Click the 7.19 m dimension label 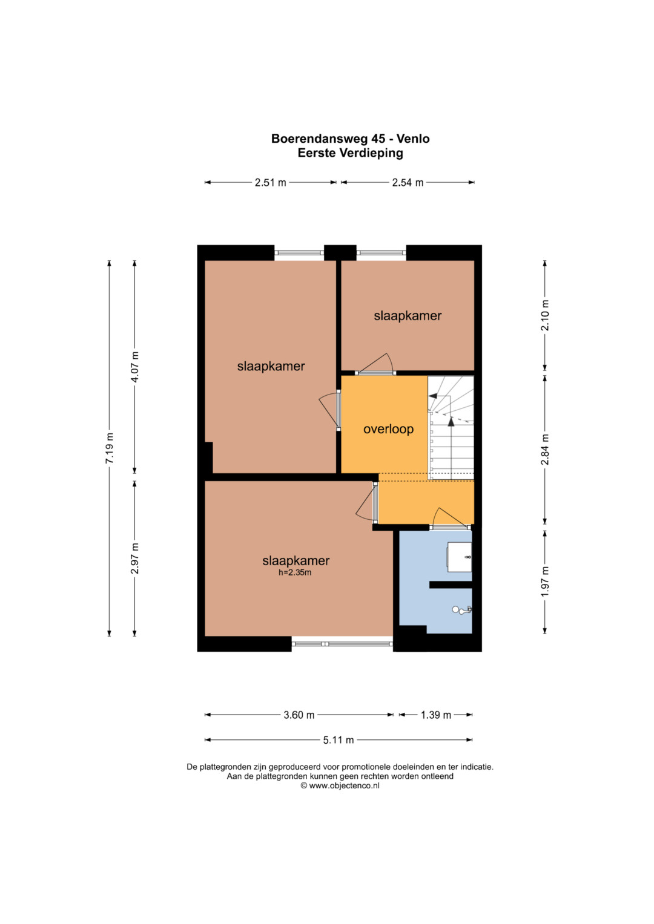point(110,448)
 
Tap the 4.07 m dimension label point(134,367)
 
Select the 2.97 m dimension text point(134,559)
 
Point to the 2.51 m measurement point(271,182)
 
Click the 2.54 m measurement point(408,182)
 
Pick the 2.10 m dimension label point(545,315)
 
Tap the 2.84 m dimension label point(545,449)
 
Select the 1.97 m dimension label point(545,581)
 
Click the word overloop point(389,429)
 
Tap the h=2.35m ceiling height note point(295,572)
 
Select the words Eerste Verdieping point(351,153)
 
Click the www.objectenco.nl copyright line point(340,786)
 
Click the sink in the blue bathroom point(460,557)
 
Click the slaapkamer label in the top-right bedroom point(408,316)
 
